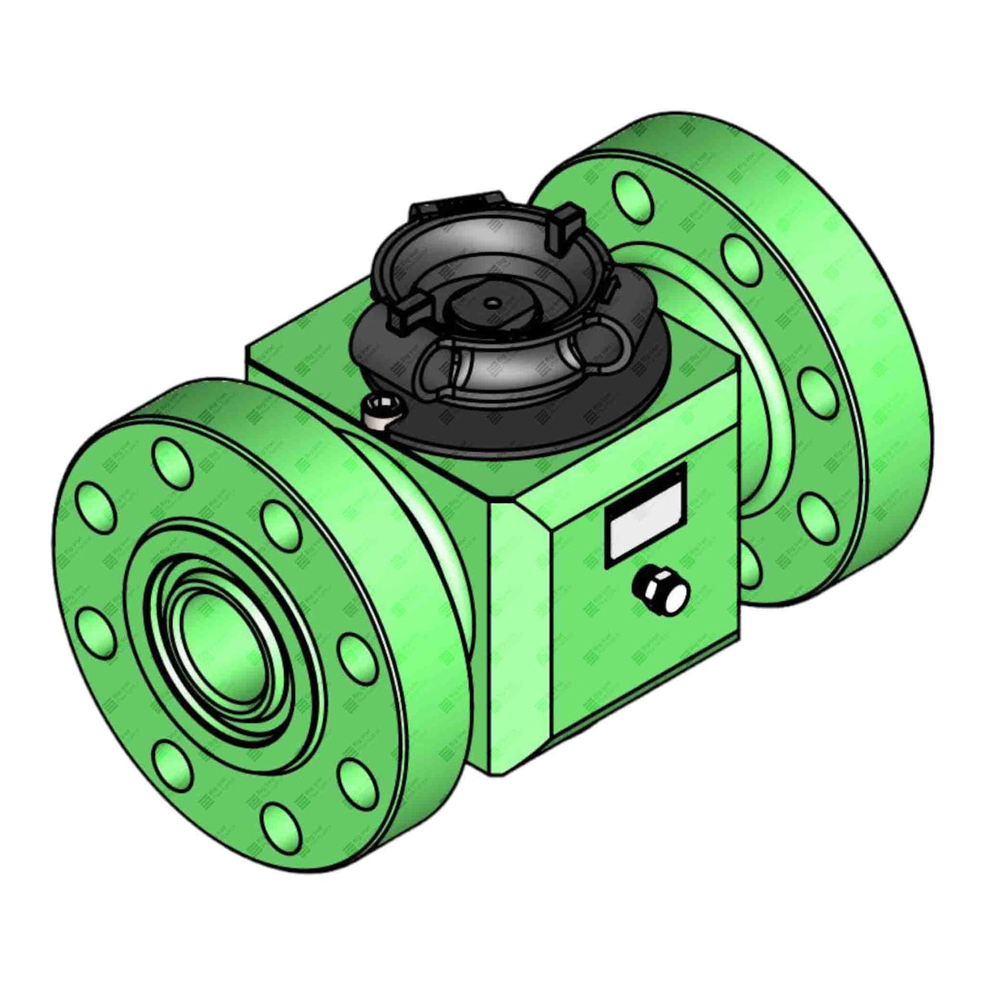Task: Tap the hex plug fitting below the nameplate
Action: pos(664,590)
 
